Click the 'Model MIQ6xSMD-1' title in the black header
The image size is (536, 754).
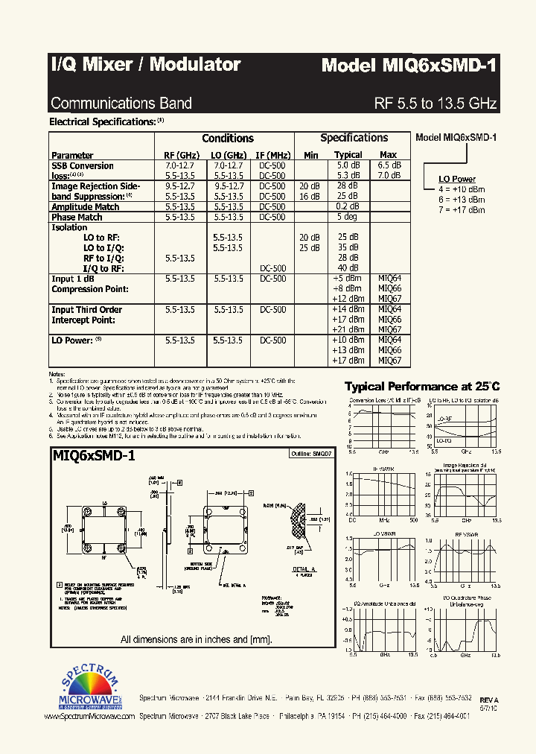click(x=409, y=65)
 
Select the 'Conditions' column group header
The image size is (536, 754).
click(x=227, y=138)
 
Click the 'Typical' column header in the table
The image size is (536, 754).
click(x=348, y=155)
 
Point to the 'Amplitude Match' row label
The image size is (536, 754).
click(x=85, y=206)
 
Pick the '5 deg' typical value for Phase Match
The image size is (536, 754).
click(x=348, y=217)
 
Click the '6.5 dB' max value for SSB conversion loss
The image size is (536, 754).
click(x=389, y=165)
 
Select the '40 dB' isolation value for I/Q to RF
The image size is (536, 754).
click(x=348, y=267)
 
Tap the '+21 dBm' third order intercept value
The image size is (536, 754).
click(x=348, y=329)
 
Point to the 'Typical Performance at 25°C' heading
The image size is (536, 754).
click(x=421, y=386)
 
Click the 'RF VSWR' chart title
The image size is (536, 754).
click(x=461, y=534)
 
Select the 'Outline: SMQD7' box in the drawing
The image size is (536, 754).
click(x=312, y=453)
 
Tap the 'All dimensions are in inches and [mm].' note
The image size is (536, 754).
click(x=197, y=639)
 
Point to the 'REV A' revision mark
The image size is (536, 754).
click(x=488, y=700)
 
